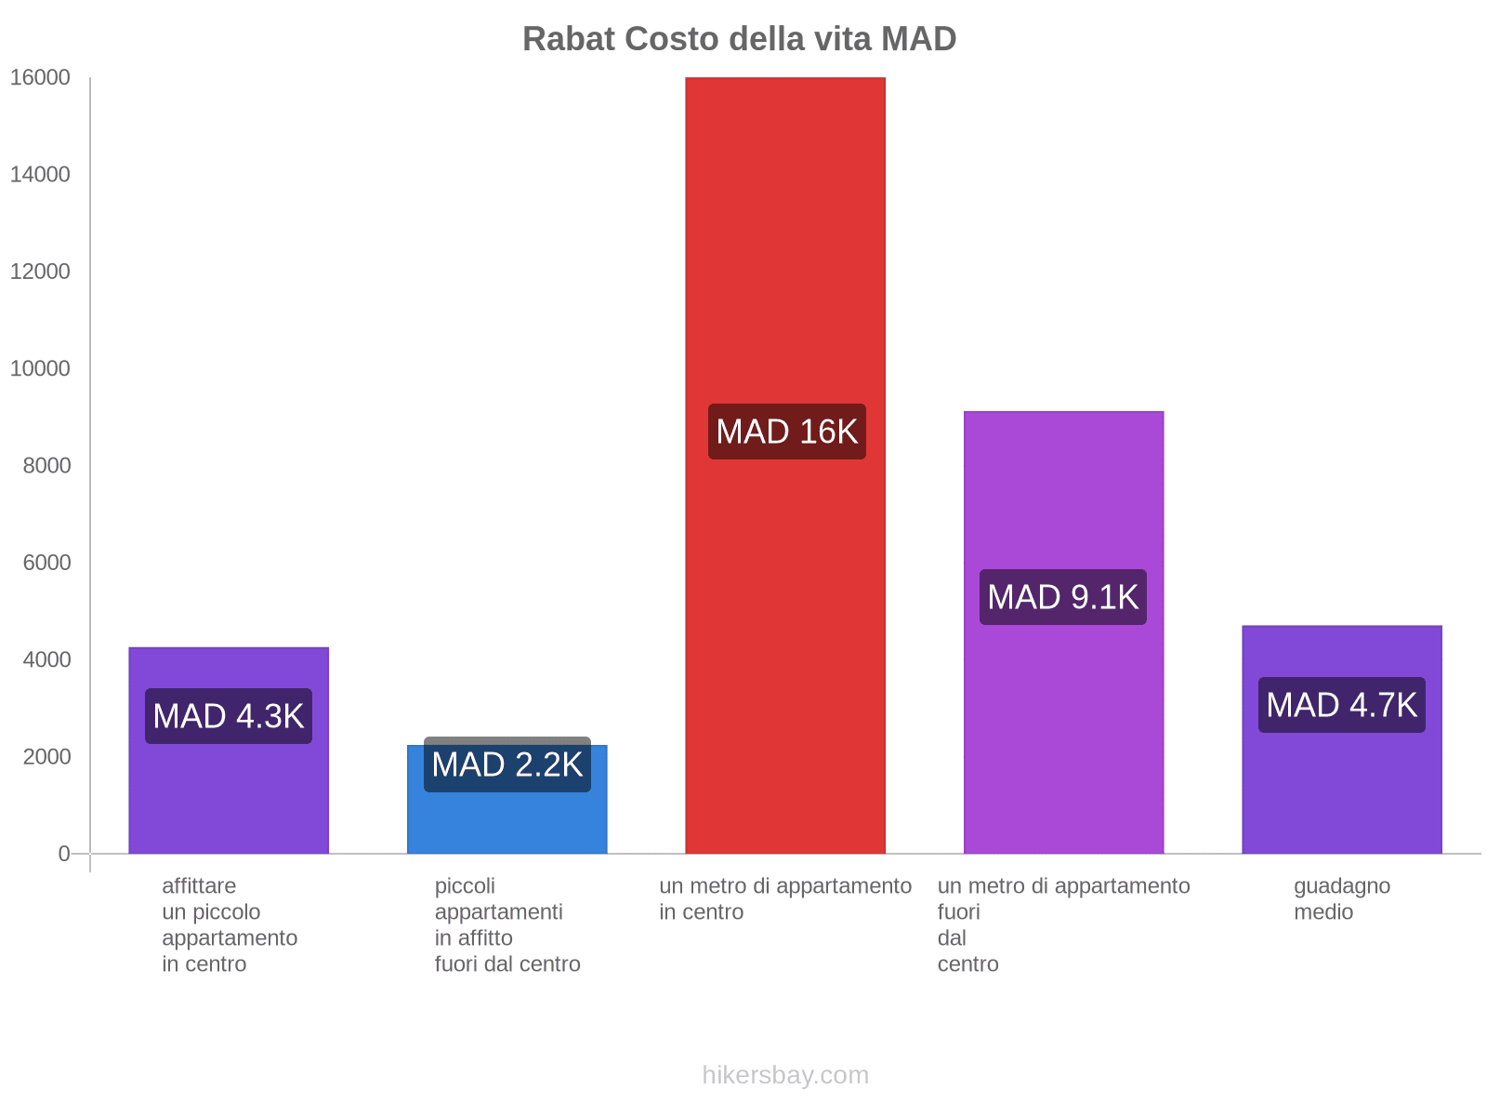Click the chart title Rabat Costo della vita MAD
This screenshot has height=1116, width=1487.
click(x=739, y=39)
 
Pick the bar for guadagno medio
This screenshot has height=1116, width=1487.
click(x=1341, y=790)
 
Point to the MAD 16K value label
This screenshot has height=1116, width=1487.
click(x=786, y=432)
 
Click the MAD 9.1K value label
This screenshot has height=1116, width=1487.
click(x=1062, y=597)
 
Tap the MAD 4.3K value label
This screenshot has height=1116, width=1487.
click(x=228, y=716)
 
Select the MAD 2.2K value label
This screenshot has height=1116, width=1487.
click(x=507, y=764)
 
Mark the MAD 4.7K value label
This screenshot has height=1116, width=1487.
click(x=1341, y=705)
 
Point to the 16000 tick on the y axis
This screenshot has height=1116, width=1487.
click(x=40, y=78)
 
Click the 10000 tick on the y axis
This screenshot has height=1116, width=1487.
click(x=40, y=369)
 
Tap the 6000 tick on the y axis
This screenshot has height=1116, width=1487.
click(x=46, y=563)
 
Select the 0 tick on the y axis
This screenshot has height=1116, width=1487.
click(x=63, y=854)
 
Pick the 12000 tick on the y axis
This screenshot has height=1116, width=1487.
click(x=40, y=272)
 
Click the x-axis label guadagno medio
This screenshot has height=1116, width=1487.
click(x=1341, y=898)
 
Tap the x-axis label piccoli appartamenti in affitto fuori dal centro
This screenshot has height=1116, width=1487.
click(x=507, y=924)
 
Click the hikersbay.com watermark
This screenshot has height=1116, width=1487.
click(x=785, y=1075)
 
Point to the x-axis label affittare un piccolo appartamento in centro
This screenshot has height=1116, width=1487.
click(x=229, y=924)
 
